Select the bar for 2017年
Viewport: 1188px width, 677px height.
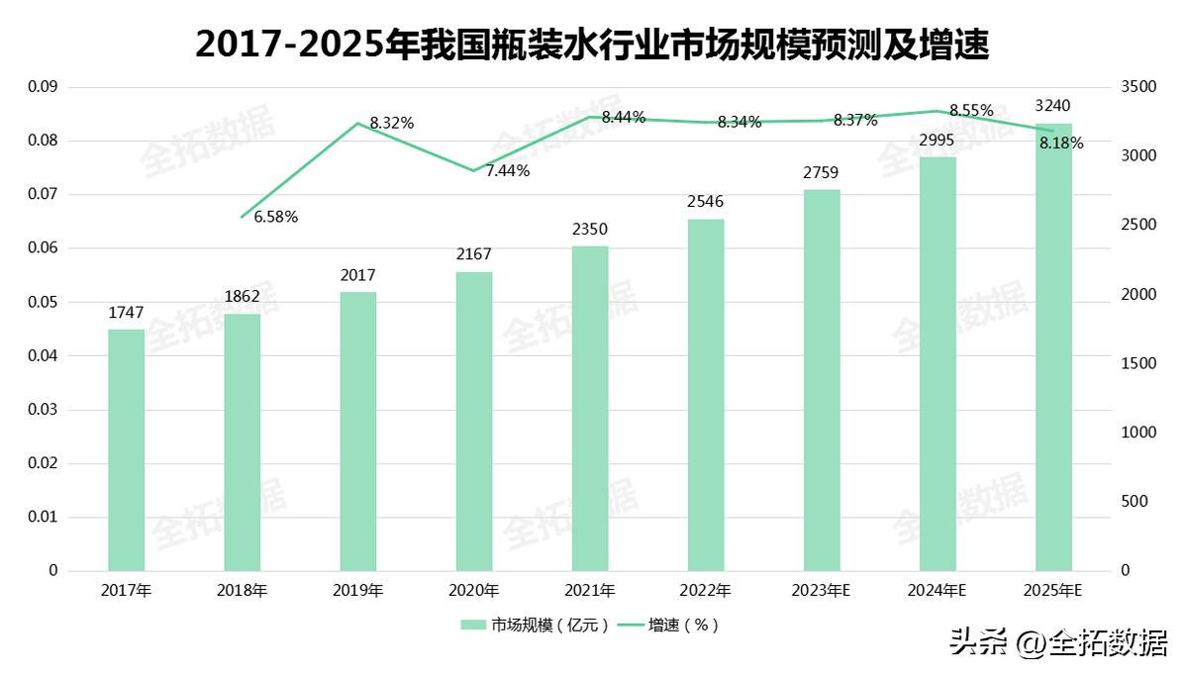pyautogui.click(x=126, y=450)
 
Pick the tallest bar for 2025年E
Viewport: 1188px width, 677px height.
pyautogui.click(x=1053, y=346)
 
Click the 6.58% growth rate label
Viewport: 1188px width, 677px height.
pyautogui.click(x=276, y=216)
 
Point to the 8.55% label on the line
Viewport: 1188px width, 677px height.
pyautogui.click(x=971, y=110)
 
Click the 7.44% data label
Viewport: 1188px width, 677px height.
pyautogui.click(x=508, y=170)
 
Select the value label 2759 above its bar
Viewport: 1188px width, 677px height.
pyautogui.click(x=822, y=174)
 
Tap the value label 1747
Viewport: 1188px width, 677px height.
pyautogui.click(x=126, y=314)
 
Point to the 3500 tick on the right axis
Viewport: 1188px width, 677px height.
pyautogui.click(x=1138, y=87)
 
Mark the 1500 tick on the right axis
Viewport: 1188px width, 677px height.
pyautogui.click(x=1138, y=363)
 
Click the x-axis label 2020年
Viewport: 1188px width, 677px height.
pyautogui.click(x=473, y=591)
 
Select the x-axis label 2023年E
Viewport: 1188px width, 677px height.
pyautogui.click(x=822, y=591)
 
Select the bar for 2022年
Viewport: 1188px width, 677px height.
pyautogui.click(x=706, y=396)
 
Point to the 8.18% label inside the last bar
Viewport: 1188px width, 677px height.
pyautogui.click(x=1061, y=143)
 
